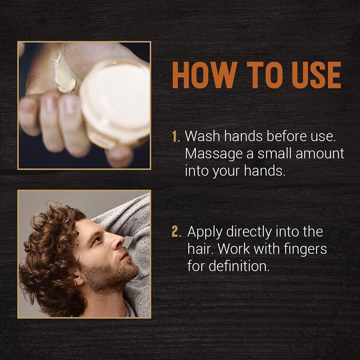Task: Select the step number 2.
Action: [176, 232]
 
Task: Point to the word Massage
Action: [214, 154]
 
